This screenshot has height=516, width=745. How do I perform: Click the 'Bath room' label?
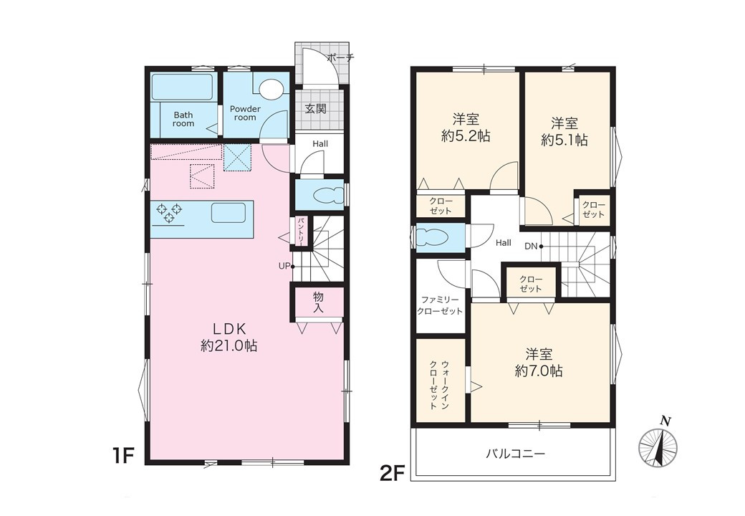tap(183, 119)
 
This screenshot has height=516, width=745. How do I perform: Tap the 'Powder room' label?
tap(245, 113)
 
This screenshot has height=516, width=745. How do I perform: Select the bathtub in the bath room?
tap(182, 87)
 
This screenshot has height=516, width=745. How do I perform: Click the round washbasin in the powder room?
tap(272, 90)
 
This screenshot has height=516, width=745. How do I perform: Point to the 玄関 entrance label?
tap(315, 109)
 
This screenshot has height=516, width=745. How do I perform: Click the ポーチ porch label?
tap(341, 58)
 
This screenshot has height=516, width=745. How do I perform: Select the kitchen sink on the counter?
tap(229, 213)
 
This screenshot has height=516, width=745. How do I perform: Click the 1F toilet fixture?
tap(327, 195)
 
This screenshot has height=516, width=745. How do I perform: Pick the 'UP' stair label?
tap(284, 266)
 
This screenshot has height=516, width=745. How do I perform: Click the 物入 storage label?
tap(318, 302)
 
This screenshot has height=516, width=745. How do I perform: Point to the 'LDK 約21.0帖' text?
tap(229, 337)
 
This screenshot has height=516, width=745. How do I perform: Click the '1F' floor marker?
tap(122, 456)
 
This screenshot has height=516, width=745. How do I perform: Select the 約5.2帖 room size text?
tap(466, 136)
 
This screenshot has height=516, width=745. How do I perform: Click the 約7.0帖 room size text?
tap(539, 371)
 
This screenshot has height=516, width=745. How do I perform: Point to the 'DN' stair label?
tap(531, 246)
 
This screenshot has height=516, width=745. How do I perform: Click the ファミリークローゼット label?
tap(440, 305)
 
